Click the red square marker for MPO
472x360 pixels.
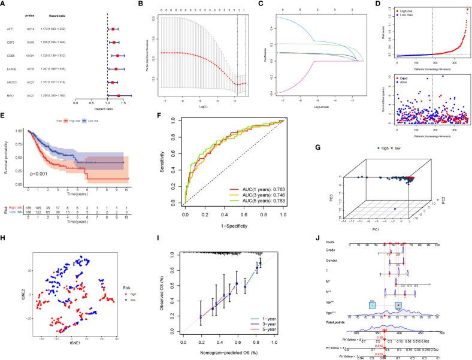coord(118,95)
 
